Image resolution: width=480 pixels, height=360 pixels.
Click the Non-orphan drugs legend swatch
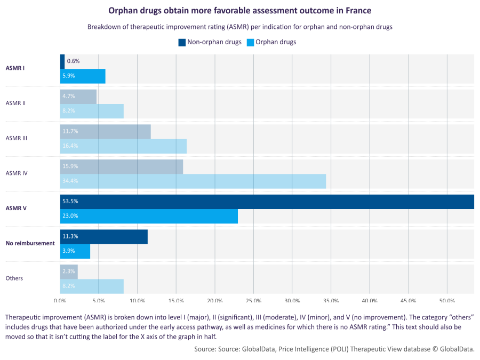pos(182,42)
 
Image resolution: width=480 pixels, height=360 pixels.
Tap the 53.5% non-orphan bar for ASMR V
pos(267,202)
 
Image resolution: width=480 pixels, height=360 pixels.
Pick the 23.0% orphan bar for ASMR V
pos(149,216)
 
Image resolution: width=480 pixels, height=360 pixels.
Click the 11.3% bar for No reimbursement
pos(104,237)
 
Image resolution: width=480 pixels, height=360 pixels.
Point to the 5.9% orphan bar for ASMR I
pos(83,76)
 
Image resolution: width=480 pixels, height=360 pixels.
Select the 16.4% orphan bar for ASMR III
pos(123,146)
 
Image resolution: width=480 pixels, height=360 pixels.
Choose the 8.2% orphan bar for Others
pos(92,286)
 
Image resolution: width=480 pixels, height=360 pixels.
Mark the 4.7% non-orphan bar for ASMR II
pos(78,97)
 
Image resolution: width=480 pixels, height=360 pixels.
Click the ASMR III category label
pos(16,138)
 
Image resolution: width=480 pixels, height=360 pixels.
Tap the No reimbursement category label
pos(30,243)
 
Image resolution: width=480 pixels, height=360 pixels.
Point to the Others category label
pos(14,278)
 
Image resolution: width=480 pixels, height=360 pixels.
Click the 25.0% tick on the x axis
pos(253,301)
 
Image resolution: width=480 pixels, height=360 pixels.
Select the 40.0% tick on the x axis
pos(370,301)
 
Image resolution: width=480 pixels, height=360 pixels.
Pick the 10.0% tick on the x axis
pos(138,301)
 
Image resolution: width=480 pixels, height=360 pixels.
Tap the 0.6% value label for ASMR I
pos(73,61)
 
